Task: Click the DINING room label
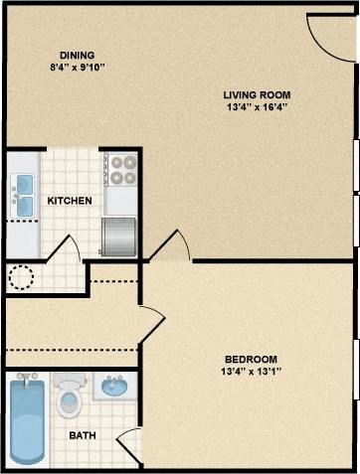(77, 55)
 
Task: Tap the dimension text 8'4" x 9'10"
(77, 68)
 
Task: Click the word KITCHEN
(70, 201)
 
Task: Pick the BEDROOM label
(250, 359)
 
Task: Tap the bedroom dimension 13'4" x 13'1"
(250, 372)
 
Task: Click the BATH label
(83, 435)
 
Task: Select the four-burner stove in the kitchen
(120, 170)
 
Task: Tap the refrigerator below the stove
(119, 236)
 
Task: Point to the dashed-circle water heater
(22, 276)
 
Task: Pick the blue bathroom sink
(115, 387)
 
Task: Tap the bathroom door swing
(128, 448)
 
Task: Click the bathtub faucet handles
(25, 379)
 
